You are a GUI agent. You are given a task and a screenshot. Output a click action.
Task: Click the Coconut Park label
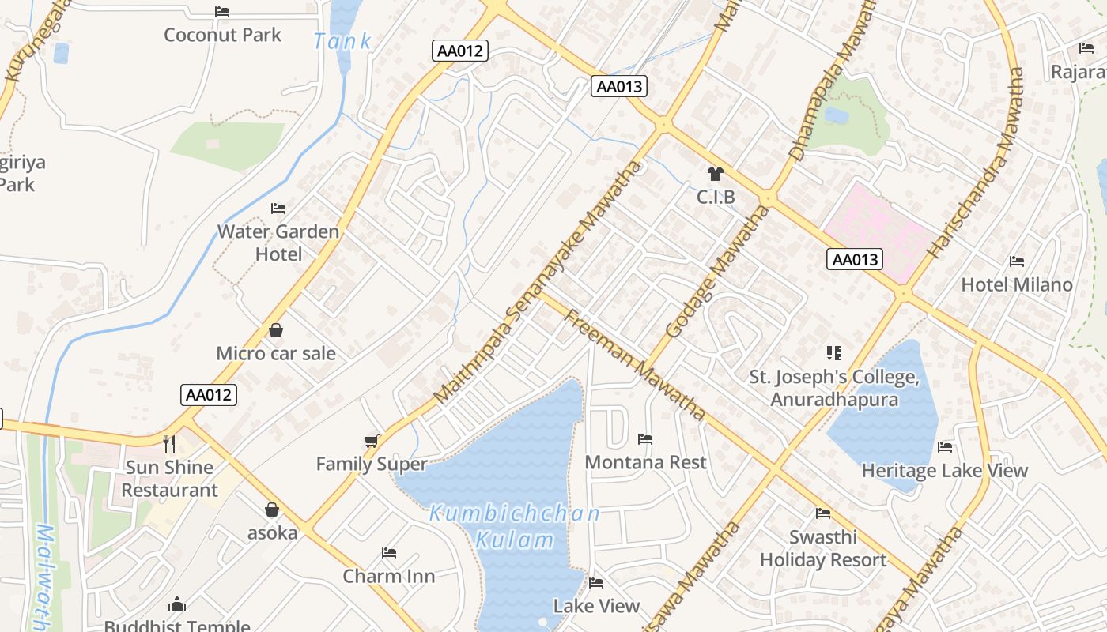(222, 35)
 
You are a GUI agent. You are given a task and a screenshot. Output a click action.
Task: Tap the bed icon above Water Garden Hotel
(278, 209)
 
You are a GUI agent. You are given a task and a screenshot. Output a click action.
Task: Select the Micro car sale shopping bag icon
(276, 330)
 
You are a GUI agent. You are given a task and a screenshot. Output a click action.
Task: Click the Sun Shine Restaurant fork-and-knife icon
(168, 443)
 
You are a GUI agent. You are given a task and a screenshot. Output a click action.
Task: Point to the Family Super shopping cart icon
(372, 441)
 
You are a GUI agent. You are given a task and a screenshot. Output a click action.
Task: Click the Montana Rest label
(645, 462)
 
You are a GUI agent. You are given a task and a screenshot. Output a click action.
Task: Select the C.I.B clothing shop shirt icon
(716, 174)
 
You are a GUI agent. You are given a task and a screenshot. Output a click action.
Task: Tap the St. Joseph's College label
(834, 388)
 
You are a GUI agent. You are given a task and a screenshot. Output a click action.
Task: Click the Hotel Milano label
(1017, 284)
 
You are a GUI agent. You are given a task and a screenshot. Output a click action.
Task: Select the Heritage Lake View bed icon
(945, 447)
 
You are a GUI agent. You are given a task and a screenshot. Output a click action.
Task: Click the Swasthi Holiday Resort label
(823, 548)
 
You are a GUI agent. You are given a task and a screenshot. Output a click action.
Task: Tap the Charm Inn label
(388, 576)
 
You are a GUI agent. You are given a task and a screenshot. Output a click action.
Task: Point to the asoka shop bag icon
(272, 510)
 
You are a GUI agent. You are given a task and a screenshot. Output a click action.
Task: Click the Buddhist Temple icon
(177, 605)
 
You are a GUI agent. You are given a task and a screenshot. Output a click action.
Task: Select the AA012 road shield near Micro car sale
(209, 395)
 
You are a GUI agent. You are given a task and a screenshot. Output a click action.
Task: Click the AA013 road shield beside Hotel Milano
(854, 259)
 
